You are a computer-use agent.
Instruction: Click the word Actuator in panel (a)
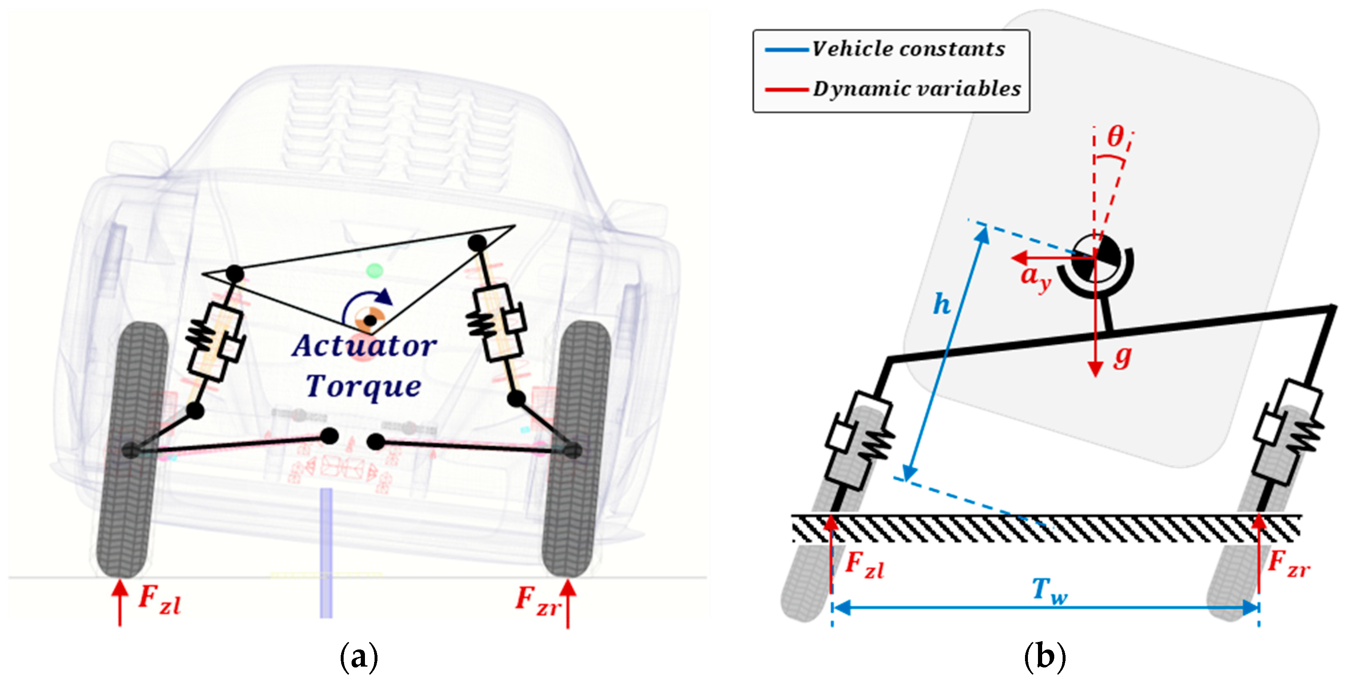[x=364, y=346]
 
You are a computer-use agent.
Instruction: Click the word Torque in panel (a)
[x=364, y=387]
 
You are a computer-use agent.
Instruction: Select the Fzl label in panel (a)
[x=159, y=600]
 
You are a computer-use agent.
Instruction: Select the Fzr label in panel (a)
[x=537, y=600]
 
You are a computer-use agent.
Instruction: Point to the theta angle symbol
[x=1115, y=138]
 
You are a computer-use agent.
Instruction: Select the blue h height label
[x=941, y=305]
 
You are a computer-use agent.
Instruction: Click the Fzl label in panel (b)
[x=864, y=566]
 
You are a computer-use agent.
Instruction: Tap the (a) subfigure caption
[x=359, y=657]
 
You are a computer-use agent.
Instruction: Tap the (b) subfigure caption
[x=1045, y=657]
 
